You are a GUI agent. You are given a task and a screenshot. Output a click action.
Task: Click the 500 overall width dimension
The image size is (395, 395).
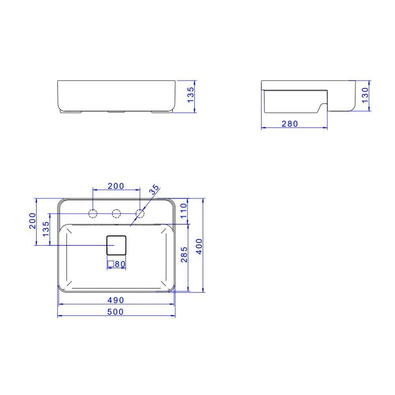point(115,312)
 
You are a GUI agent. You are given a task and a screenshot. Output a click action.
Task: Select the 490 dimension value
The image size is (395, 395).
point(115,300)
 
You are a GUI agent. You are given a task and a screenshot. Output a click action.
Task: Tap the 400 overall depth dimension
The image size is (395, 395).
point(199,246)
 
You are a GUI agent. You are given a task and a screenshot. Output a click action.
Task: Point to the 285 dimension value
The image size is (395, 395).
point(184,254)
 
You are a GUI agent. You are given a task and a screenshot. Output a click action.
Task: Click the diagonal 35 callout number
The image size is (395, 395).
point(154,189)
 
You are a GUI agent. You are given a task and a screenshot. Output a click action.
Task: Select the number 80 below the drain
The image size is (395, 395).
point(120,263)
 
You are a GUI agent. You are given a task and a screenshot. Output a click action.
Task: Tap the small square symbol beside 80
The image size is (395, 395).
point(111,263)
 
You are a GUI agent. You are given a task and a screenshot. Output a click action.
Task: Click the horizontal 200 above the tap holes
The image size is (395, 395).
point(116,186)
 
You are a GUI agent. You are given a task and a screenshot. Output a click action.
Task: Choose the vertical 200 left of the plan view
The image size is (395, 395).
point(32,221)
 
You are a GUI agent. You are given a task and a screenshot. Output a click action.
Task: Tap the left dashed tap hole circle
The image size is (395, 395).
point(92,214)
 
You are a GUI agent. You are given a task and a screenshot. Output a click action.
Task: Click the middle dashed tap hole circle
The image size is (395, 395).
point(116,214)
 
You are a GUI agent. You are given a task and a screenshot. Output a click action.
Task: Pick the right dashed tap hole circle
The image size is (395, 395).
point(140,214)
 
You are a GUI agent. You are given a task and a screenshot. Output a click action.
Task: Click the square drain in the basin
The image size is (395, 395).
point(117,245)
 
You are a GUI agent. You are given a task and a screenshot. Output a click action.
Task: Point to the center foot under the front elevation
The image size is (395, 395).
point(117,112)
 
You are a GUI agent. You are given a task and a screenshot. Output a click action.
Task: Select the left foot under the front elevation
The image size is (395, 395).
point(71,112)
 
